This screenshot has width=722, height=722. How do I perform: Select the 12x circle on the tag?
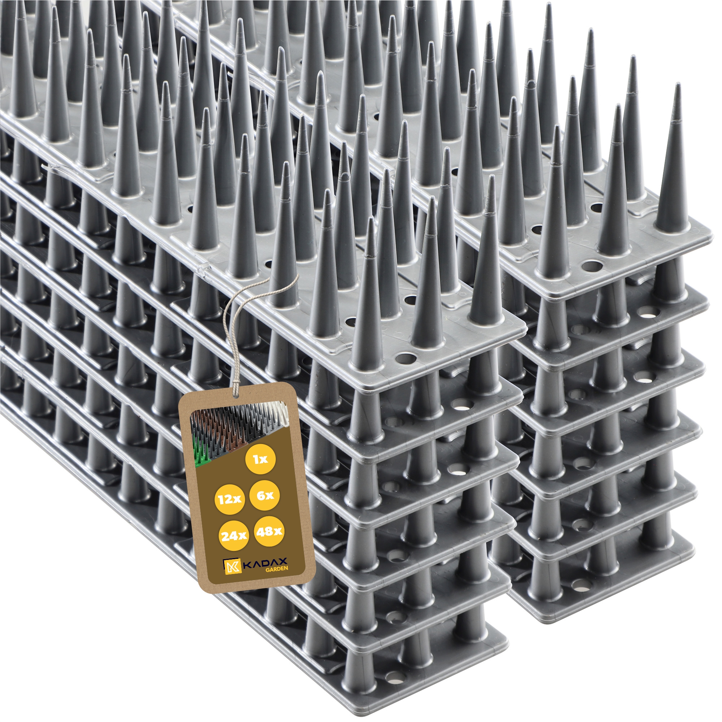[x=230, y=499]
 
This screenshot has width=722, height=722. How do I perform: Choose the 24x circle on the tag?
[x=233, y=536]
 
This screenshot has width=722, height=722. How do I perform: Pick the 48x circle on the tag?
[x=269, y=531]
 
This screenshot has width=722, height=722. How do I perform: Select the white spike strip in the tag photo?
[x=278, y=414]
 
